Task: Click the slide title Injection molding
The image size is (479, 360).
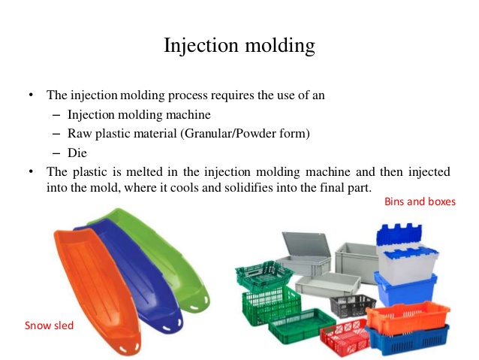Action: click(239, 46)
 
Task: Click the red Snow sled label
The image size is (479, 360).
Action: click(50, 325)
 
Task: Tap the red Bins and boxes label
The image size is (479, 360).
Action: click(420, 201)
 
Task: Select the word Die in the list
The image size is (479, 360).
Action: click(77, 153)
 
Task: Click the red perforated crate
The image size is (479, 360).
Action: click(345, 337)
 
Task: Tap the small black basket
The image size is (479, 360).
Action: click(353, 305)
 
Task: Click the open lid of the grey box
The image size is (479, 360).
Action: click(306, 244)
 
